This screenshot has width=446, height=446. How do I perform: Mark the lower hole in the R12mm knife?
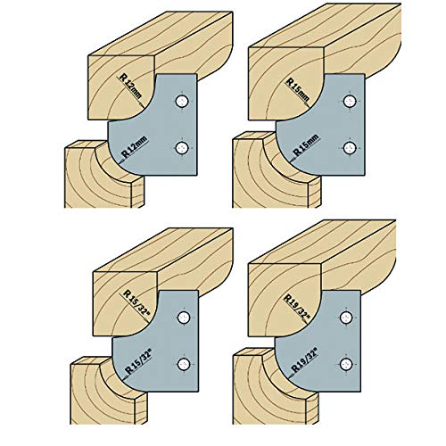pyautogui.click(x=183, y=146)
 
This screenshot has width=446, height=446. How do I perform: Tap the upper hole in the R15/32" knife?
pyautogui.click(x=184, y=317)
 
